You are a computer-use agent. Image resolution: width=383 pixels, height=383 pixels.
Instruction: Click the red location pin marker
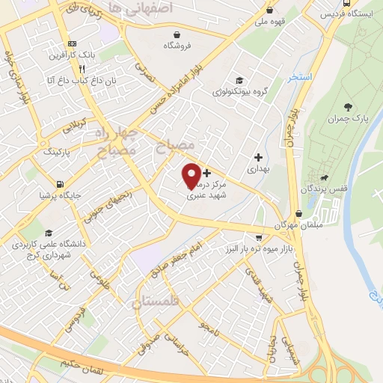coord(192,175)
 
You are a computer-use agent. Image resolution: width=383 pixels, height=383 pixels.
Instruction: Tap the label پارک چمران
coord(351,119)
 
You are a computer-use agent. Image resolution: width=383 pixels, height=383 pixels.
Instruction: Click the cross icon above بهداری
coord(259,158)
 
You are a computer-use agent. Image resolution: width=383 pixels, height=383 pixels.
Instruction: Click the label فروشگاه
coord(177,45)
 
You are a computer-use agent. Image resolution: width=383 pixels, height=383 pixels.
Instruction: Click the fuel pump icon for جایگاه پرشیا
coord(59,183)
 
